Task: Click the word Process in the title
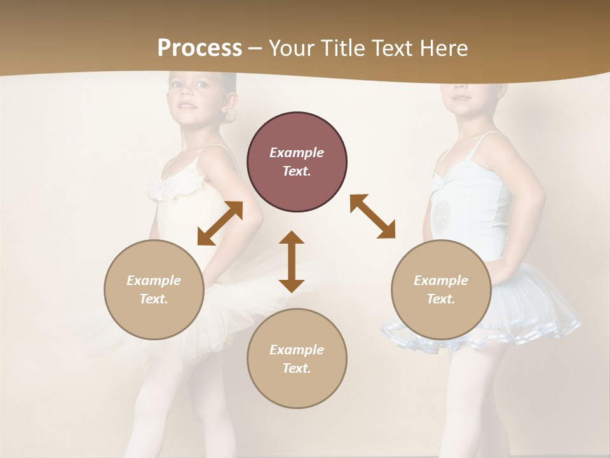[x=200, y=48]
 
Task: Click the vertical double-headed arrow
[x=292, y=261]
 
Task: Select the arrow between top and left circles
[x=220, y=223]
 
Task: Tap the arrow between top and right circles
[x=373, y=216]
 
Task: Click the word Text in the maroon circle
[x=297, y=171]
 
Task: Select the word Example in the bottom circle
[x=297, y=350]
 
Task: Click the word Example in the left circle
[x=154, y=281]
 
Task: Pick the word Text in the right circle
[x=441, y=299]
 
